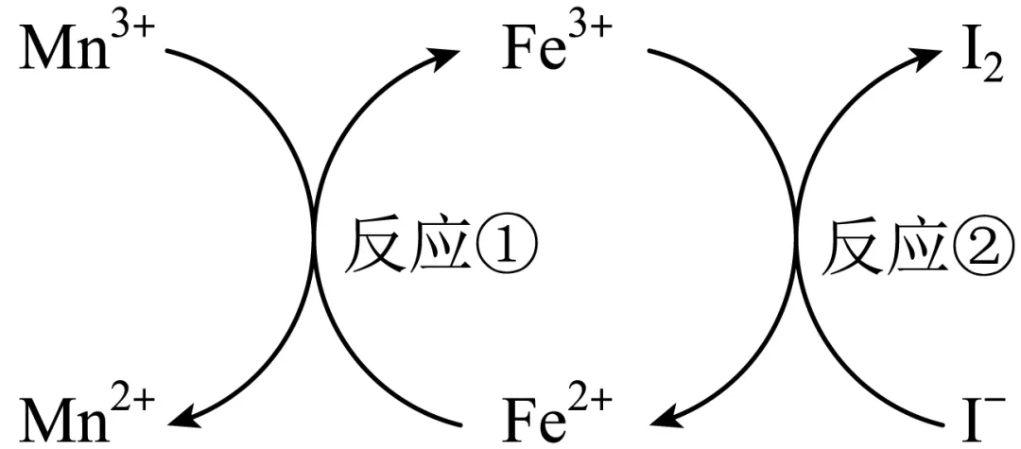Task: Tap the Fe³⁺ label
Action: click(557, 57)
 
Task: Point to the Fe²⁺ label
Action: click(557, 411)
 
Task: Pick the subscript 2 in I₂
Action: click(992, 73)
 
